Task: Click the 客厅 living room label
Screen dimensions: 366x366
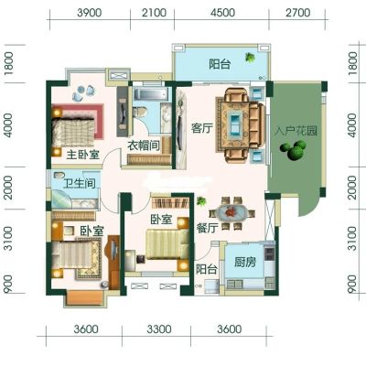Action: click(201, 128)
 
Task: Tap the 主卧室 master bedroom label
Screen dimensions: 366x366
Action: click(83, 155)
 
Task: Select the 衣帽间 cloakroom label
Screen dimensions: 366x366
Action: click(144, 145)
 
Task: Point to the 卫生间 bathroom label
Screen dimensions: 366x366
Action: click(80, 183)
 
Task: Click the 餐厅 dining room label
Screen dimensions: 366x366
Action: click(207, 228)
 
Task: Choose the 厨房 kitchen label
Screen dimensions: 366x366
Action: click(245, 262)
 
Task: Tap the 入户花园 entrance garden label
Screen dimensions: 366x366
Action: click(296, 131)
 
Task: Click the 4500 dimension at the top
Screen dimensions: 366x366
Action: click(223, 13)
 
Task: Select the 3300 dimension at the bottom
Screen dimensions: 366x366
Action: click(159, 329)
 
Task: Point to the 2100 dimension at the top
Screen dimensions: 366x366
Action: click(155, 13)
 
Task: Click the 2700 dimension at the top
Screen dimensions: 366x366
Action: click(298, 13)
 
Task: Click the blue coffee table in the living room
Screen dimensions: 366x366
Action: click(235, 125)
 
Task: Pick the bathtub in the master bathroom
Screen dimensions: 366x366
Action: click(151, 94)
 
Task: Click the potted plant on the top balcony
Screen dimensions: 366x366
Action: click(250, 57)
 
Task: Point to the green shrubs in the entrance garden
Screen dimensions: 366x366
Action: click(293, 150)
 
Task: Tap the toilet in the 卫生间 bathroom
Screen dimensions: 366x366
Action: click(59, 175)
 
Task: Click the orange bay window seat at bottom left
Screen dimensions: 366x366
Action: click(85, 298)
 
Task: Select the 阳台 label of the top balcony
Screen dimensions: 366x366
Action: click(220, 64)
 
